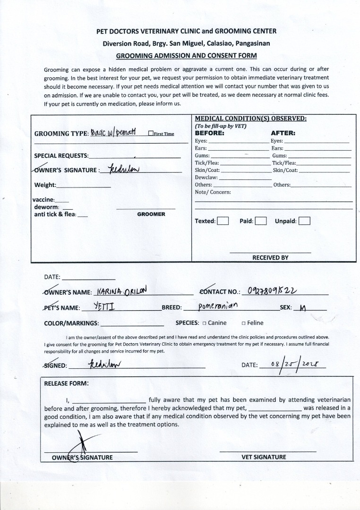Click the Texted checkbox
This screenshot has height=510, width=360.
click(x=223, y=221)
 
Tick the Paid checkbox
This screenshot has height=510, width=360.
click(x=261, y=221)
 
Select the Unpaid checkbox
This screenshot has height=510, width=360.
click(x=305, y=221)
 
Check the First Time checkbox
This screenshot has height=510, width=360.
click(x=150, y=134)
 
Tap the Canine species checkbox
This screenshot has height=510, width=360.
click(x=204, y=323)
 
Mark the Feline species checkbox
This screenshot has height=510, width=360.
click(x=243, y=323)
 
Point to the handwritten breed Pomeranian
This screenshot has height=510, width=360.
click(x=218, y=306)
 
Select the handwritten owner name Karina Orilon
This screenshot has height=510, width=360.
click(x=122, y=291)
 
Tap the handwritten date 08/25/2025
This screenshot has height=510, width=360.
click(x=296, y=364)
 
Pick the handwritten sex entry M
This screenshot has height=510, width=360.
click(x=303, y=308)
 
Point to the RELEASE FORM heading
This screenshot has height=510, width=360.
click(x=66, y=383)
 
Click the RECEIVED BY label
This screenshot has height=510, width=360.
click(x=270, y=258)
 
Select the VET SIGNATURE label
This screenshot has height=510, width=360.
click(x=264, y=457)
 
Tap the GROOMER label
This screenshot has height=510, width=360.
click(x=151, y=214)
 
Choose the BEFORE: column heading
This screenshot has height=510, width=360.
click(x=210, y=133)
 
